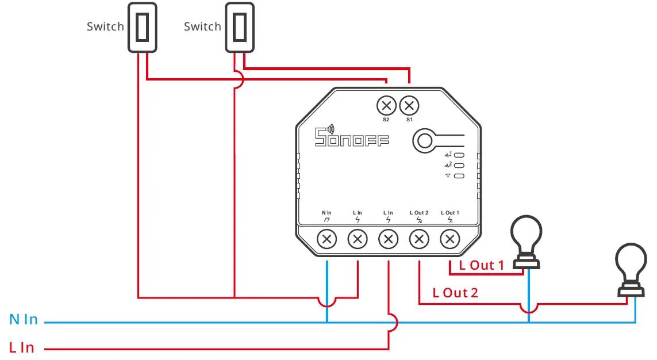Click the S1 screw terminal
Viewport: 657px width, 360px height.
click(x=409, y=106)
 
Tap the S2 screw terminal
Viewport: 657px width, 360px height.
click(x=386, y=106)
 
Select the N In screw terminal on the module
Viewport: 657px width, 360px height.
click(x=327, y=239)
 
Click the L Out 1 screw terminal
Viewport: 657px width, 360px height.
click(x=450, y=239)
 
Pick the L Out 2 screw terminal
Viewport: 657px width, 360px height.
click(x=420, y=239)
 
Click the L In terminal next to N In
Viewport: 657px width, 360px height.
click(x=358, y=239)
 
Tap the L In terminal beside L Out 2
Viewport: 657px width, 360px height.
click(x=389, y=239)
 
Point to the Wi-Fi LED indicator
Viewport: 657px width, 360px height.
click(x=459, y=175)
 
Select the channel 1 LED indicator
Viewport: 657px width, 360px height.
click(x=459, y=155)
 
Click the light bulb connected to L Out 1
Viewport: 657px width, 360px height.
click(x=527, y=242)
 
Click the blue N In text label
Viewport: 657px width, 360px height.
click(x=24, y=320)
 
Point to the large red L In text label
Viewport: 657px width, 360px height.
click(x=22, y=347)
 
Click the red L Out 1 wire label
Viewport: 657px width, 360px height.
click(x=481, y=265)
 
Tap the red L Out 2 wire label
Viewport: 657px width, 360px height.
click(x=455, y=293)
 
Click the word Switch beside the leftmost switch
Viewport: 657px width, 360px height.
click(x=105, y=26)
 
